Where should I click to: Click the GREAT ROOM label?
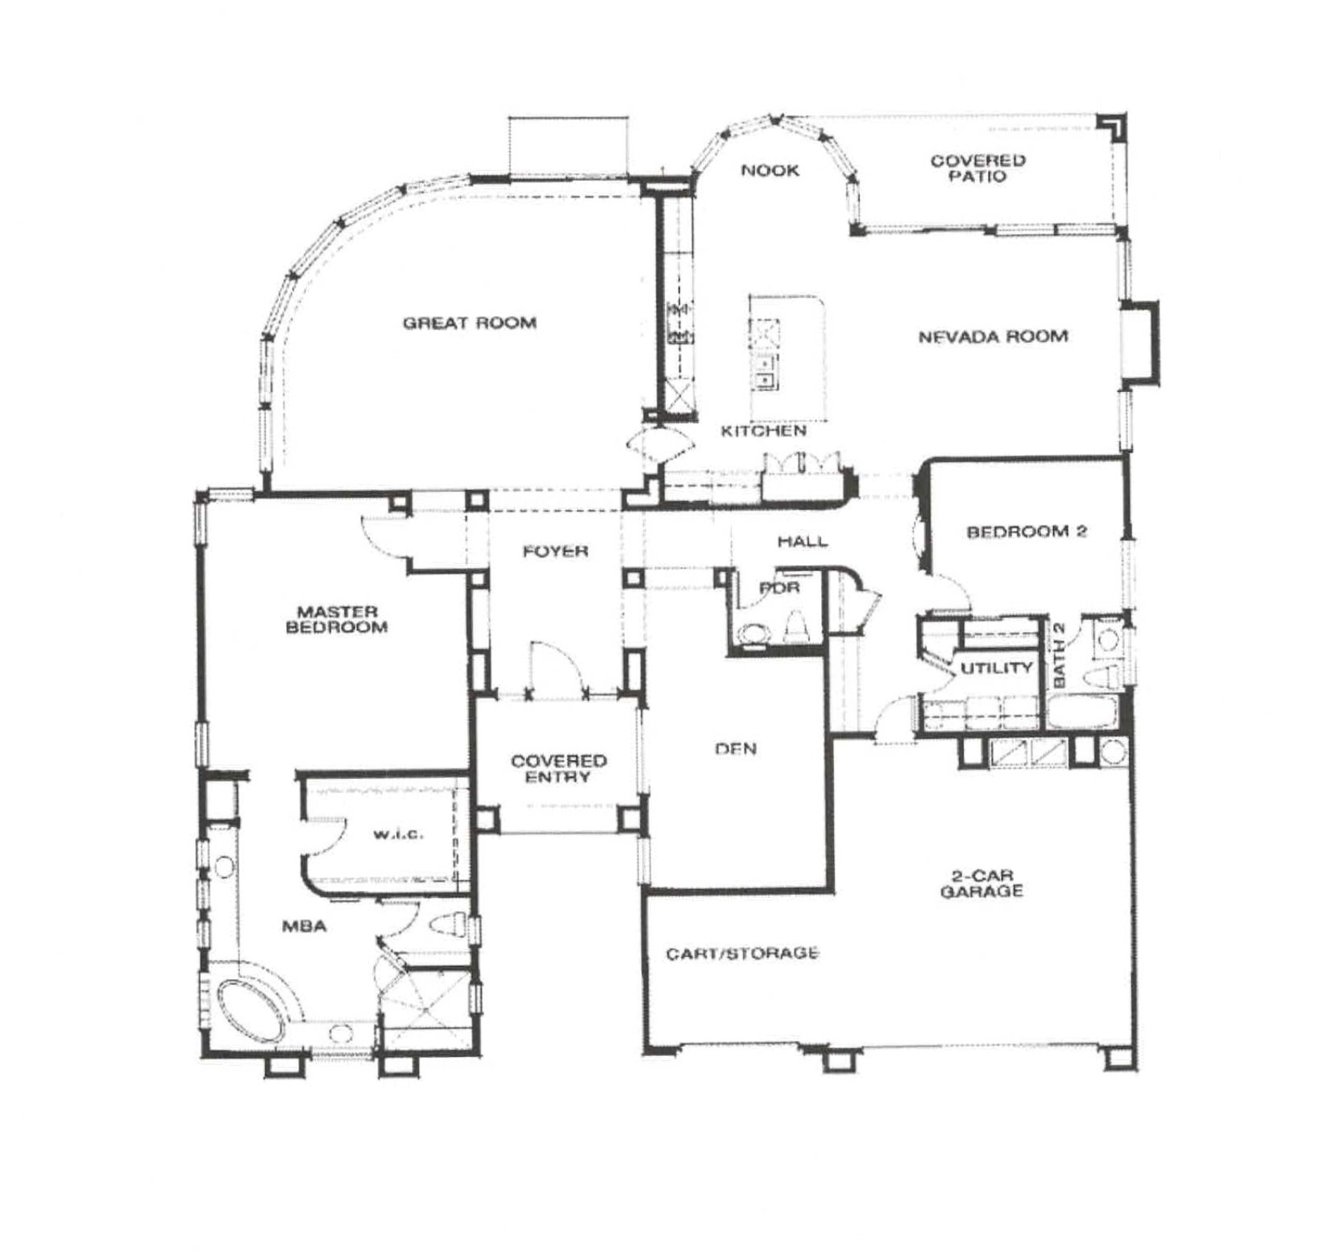point(469,323)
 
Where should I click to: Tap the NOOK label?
point(770,170)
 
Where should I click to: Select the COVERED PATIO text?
point(977,168)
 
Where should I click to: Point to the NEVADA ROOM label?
point(993,336)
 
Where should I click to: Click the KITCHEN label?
point(763,431)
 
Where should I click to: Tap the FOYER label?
point(555,551)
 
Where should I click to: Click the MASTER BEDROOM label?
point(337,619)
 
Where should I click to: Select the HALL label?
point(802,541)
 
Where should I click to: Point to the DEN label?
point(736,749)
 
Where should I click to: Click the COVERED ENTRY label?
point(558,768)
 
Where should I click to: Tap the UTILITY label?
point(996,668)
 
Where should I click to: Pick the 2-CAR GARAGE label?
point(981,883)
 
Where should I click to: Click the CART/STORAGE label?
point(742,954)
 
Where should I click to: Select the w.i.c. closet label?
point(398,834)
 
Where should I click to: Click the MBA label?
point(304,927)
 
